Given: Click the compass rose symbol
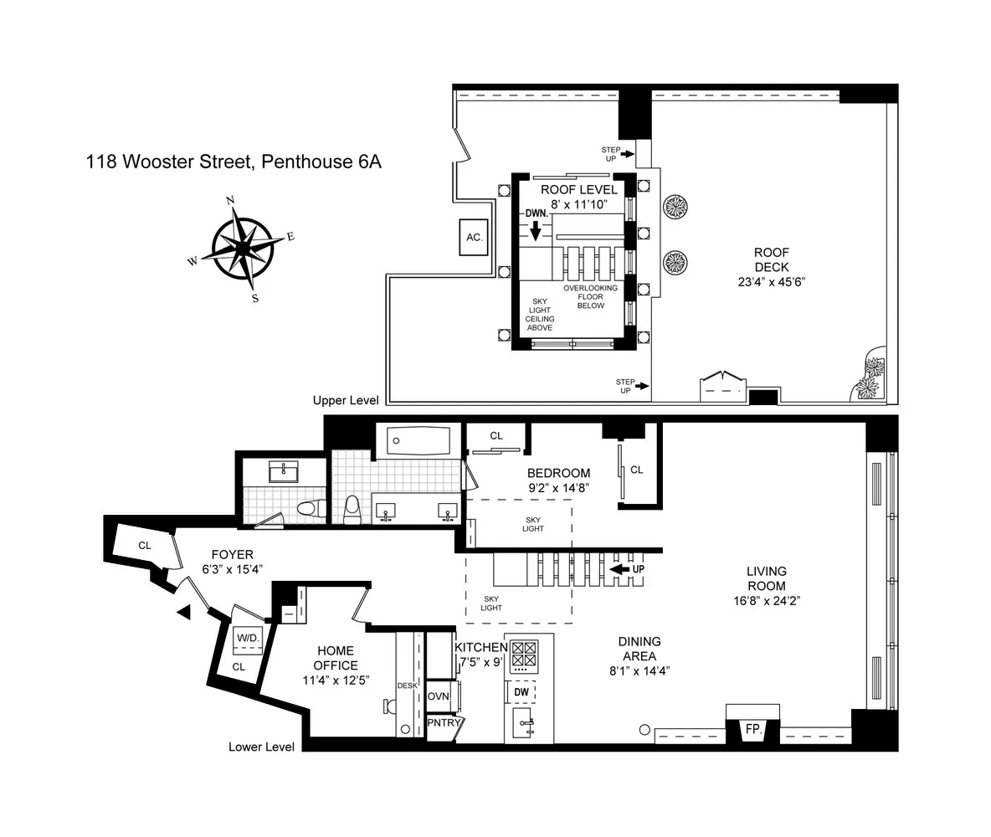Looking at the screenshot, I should pyautogui.click(x=242, y=248).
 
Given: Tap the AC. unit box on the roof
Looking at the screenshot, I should pyautogui.click(x=474, y=237).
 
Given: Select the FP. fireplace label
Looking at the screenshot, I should pyautogui.click(x=753, y=730).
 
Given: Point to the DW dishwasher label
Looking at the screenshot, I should pyautogui.click(x=521, y=692).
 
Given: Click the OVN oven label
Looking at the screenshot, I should pyautogui.click(x=439, y=696).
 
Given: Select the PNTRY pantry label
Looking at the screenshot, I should pyautogui.click(x=440, y=722).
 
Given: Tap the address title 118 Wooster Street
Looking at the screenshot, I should pyautogui.click(x=234, y=162).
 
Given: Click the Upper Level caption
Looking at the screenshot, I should pyautogui.click(x=346, y=401).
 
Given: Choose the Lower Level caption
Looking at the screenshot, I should pyautogui.click(x=261, y=747).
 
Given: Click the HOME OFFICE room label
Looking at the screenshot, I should pyautogui.click(x=336, y=658).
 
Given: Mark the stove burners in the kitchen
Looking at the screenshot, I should pyautogui.click(x=524, y=654).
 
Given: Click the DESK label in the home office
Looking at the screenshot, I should pyautogui.click(x=407, y=686).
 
